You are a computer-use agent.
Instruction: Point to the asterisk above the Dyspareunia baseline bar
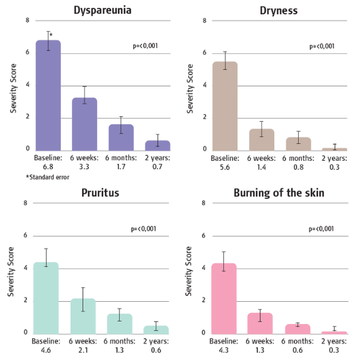[x=52, y=36]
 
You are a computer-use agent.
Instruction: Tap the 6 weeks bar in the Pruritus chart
[x=83, y=315]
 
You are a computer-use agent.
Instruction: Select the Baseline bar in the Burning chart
[x=224, y=298]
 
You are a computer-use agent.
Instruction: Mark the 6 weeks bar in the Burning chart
[x=260, y=322]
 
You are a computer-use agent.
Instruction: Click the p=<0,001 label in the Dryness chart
[x=322, y=46]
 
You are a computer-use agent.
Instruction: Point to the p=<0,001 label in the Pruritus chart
[x=144, y=229]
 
